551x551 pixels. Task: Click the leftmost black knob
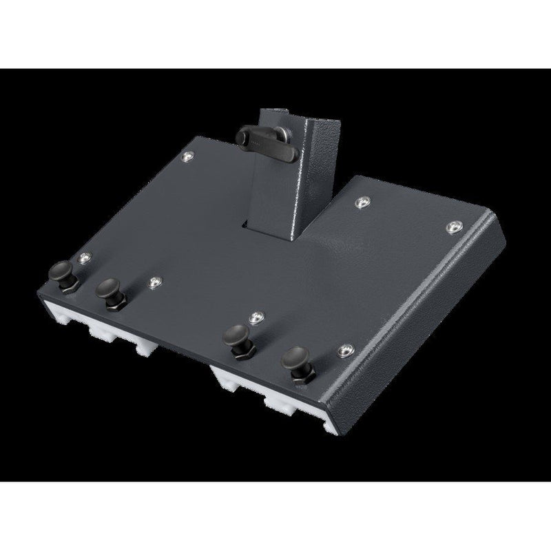tap(63, 269)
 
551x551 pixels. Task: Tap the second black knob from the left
tap(109, 287)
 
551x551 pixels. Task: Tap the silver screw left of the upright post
tap(188, 158)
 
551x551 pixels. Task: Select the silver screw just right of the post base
tap(362, 203)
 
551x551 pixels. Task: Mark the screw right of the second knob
tap(153, 282)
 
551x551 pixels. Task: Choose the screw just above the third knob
tap(256, 317)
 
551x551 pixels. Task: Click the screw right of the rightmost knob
tap(345, 351)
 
